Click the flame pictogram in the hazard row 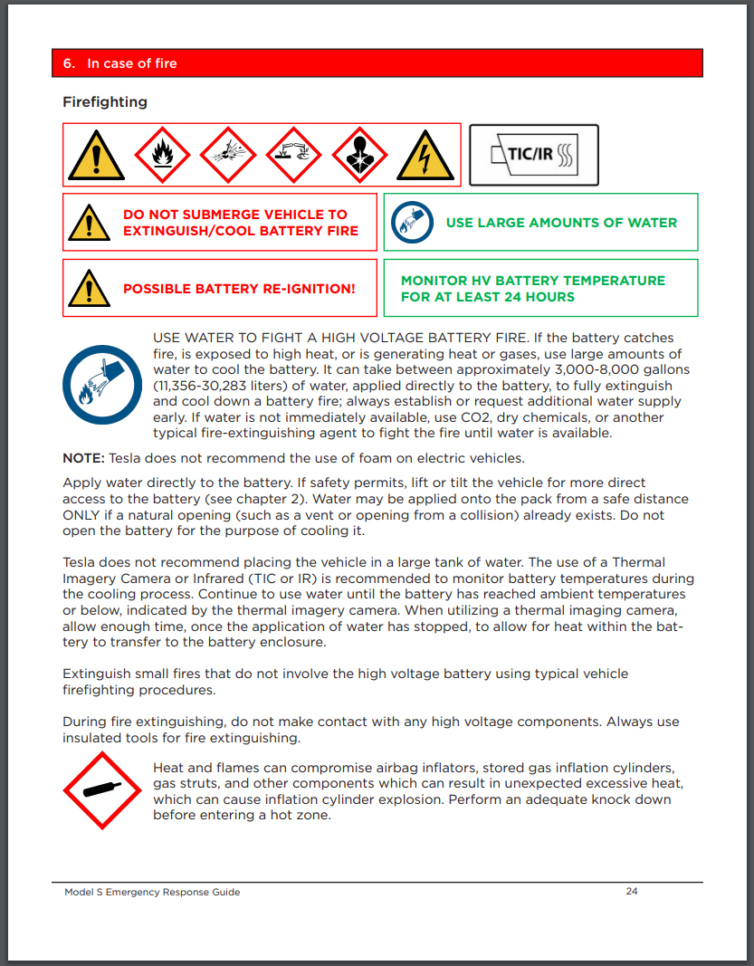162,155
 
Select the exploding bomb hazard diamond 228,155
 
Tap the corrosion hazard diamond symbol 295,155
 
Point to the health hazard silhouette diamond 360,155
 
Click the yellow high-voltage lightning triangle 425,155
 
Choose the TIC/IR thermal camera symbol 534,155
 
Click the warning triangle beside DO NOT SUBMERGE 89,222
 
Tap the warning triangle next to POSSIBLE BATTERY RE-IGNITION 89,288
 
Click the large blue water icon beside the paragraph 101,385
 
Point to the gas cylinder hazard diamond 101,789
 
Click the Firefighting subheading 105,102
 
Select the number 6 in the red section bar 69,63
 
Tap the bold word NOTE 82,458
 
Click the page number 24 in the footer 632,892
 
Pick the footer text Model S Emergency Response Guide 152,892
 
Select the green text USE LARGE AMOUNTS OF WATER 561,223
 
